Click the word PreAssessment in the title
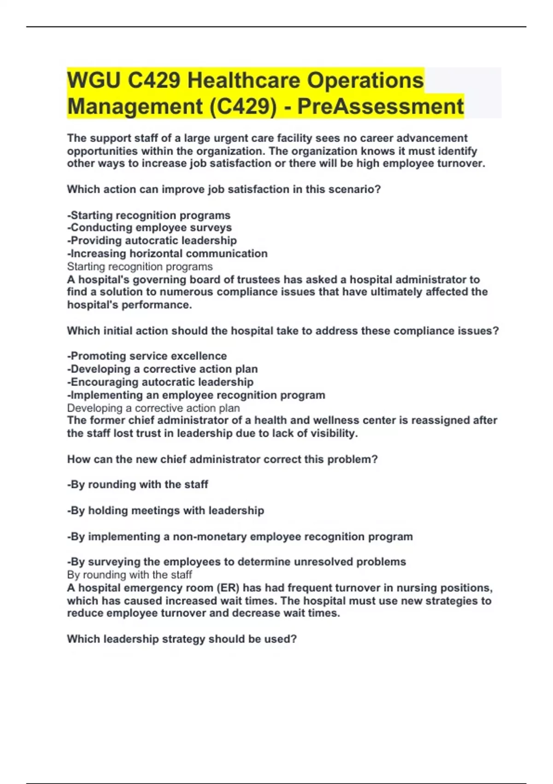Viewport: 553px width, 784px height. pos(380,107)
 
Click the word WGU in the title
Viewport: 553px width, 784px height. pos(94,81)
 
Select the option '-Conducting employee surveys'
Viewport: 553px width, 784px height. pos(149,228)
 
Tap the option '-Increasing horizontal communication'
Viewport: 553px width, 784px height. pos(167,254)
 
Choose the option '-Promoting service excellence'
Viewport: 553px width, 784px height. pos(147,356)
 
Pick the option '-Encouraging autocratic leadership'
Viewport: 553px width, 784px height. pos(160,382)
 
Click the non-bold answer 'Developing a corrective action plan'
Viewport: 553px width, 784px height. pos(153,408)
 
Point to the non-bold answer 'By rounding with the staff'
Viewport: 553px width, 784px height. pos(129,575)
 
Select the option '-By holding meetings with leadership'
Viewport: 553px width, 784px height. pos(165,511)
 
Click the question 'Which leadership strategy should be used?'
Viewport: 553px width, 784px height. pos(182,639)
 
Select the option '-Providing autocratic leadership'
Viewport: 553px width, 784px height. pos(152,241)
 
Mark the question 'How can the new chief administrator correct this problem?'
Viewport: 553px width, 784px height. pos(222,459)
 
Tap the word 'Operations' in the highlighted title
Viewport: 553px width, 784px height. pos(365,81)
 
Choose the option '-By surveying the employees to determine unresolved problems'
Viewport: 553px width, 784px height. pos(236,562)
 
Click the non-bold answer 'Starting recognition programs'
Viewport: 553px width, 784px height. pos(140,267)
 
